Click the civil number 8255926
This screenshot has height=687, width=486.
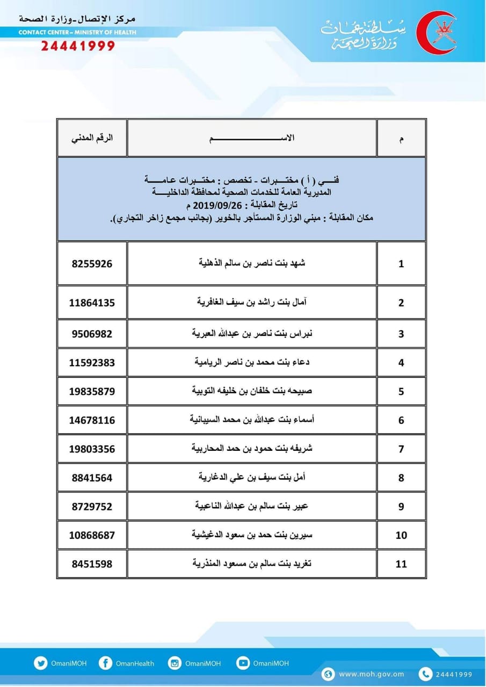92,264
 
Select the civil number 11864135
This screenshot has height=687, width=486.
92,303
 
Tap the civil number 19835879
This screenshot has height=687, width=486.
92,391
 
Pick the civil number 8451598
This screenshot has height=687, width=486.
92,564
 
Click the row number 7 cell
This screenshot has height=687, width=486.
401,449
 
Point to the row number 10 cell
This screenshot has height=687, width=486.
401,535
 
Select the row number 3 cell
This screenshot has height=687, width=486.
401,334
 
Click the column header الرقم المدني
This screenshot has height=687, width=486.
92,138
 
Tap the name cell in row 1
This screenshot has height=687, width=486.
252,264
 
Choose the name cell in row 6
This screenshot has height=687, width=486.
252,420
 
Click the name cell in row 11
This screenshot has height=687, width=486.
252,564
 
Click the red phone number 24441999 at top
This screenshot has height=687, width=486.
78,46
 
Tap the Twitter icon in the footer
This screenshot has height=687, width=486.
41,663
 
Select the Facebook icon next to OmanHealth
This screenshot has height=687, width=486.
106,663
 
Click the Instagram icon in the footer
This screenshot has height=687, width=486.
175,663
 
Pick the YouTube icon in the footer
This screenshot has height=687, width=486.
243,663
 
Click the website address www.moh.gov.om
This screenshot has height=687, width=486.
372,674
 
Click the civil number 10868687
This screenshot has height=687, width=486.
92,535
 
